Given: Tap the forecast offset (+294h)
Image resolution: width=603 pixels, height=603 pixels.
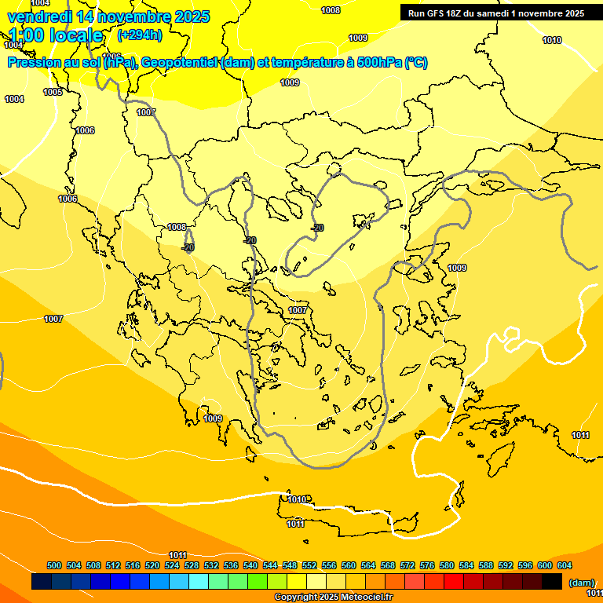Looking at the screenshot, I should (x=140, y=35).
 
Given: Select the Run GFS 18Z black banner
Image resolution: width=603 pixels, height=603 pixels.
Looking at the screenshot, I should (x=495, y=13).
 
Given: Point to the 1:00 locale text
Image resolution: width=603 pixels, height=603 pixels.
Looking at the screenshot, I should (x=57, y=35).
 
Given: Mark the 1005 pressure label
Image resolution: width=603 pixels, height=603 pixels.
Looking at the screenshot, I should (x=53, y=92).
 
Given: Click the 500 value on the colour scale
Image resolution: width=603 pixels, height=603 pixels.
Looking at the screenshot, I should (x=54, y=565).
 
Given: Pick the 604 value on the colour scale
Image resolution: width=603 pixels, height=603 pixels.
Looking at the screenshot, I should (x=565, y=565).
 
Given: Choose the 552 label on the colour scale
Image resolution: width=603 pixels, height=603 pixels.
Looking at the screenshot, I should (x=309, y=565).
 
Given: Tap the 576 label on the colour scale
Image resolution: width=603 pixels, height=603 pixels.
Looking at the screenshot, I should (x=427, y=565).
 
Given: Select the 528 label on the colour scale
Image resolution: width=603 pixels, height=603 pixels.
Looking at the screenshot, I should (x=192, y=565).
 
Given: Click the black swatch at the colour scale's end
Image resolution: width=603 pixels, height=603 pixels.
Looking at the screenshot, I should (x=552, y=581).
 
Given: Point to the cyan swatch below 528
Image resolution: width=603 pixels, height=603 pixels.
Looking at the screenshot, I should (x=199, y=581).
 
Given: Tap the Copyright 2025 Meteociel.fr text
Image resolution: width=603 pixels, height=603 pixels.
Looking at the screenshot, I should (x=334, y=597).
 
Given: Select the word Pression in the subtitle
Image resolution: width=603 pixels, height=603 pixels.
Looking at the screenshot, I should (x=31, y=63).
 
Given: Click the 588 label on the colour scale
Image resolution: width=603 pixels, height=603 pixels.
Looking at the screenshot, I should (x=486, y=565).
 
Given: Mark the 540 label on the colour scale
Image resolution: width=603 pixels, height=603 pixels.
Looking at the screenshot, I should (x=250, y=565).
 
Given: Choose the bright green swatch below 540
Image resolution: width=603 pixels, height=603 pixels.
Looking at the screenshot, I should (x=258, y=581).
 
